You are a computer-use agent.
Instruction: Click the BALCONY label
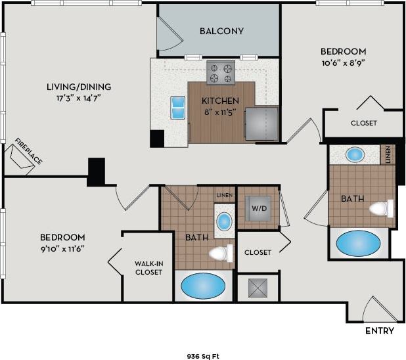click(x=221, y=31)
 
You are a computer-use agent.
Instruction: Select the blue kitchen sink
click(x=177, y=108)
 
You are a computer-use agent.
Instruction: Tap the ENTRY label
click(x=380, y=331)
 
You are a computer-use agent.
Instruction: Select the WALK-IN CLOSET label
click(x=148, y=267)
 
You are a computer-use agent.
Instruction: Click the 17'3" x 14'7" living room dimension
click(x=78, y=98)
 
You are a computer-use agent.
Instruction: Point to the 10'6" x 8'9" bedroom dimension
click(x=342, y=63)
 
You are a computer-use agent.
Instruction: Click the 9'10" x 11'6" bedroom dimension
click(x=62, y=248)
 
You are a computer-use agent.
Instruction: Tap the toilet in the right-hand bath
click(x=380, y=209)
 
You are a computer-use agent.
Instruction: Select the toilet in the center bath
click(x=221, y=253)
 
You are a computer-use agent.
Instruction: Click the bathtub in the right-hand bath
click(x=358, y=243)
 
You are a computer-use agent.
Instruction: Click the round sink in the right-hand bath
click(x=355, y=155)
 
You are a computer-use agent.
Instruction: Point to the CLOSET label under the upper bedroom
click(x=363, y=123)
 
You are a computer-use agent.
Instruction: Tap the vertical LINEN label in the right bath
click(x=389, y=155)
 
